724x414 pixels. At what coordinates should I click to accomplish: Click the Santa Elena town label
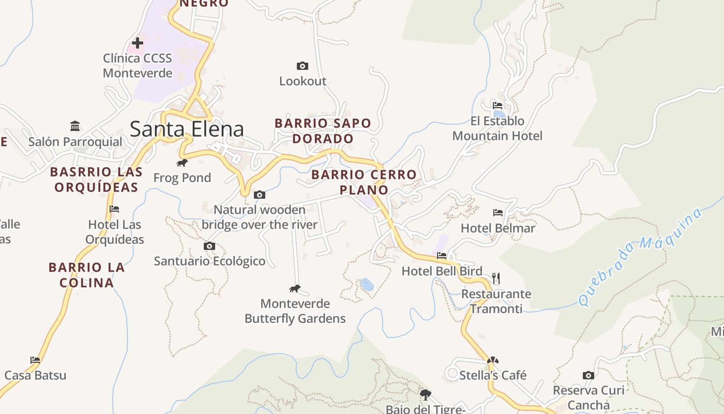pyautogui.click(x=187, y=129)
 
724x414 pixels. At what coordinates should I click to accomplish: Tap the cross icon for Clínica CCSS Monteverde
pyautogui.click(x=138, y=42)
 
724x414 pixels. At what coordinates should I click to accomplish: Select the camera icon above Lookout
pyautogui.click(x=303, y=66)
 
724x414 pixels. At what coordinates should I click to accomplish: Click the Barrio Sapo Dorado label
pyautogui.click(x=323, y=131)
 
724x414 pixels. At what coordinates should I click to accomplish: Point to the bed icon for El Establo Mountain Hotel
pyautogui.click(x=497, y=106)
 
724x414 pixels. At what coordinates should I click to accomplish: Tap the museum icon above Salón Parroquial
pyautogui.click(x=76, y=126)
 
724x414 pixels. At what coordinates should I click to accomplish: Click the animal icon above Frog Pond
pyautogui.click(x=182, y=163)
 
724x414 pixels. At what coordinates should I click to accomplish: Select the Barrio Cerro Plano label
pyautogui.click(x=364, y=182)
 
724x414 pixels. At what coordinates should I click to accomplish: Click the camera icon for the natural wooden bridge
pyautogui.click(x=260, y=195)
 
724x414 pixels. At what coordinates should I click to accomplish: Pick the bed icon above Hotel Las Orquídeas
pyautogui.click(x=114, y=209)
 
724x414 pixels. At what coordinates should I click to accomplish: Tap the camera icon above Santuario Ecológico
pyautogui.click(x=209, y=246)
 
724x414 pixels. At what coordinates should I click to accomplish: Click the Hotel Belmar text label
pyautogui.click(x=497, y=228)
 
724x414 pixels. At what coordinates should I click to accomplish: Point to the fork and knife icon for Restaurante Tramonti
pyautogui.click(x=496, y=278)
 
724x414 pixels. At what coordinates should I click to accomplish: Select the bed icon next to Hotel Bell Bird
pyautogui.click(x=442, y=256)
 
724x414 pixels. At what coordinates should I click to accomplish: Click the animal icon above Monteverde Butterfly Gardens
pyautogui.click(x=295, y=288)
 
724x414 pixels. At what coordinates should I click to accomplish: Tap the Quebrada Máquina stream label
pyautogui.click(x=640, y=256)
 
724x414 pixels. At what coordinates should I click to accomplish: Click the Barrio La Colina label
pyautogui.click(x=87, y=275)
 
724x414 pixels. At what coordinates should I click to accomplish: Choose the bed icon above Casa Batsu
pyautogui.click(x=35, y=360)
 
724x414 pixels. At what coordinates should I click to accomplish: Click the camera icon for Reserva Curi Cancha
pyautogui.click(x=588, y=375)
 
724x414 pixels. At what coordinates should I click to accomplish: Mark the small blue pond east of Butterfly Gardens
pyautogui.click(x=367, y=284)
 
